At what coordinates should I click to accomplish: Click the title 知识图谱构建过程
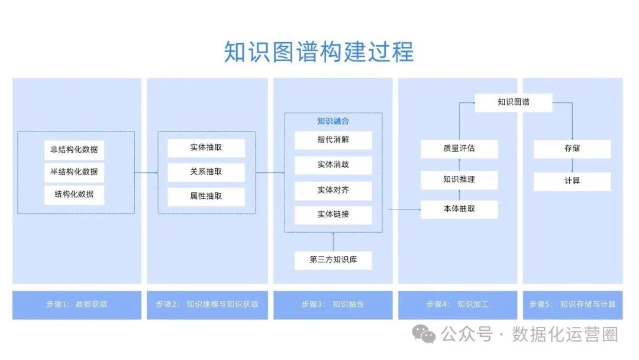(319, 52)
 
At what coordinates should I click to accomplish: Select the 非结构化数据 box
(74, 149)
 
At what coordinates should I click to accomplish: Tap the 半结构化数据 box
(74, 172)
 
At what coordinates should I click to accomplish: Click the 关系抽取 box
(206, 172)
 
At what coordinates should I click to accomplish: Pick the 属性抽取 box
(206, 196)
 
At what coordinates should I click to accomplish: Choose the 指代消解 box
(333, 140)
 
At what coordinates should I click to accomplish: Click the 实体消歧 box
(333, 165)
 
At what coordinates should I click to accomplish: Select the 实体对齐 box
(333, 191)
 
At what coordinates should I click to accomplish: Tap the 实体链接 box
(333, 214)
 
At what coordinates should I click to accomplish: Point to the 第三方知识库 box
(333, 260)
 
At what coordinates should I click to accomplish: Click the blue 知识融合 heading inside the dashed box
(333, 121)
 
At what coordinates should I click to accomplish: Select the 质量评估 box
(459, 149)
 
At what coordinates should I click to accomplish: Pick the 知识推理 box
(459, 179)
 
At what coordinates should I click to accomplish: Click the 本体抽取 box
(459, 209)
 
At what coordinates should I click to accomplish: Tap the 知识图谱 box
(514, 102)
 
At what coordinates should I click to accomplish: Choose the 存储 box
(572, 149)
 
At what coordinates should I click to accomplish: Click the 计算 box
(572, 181)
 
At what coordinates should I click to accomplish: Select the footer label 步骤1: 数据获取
(77, 304)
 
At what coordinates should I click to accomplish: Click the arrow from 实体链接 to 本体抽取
(405, 209)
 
